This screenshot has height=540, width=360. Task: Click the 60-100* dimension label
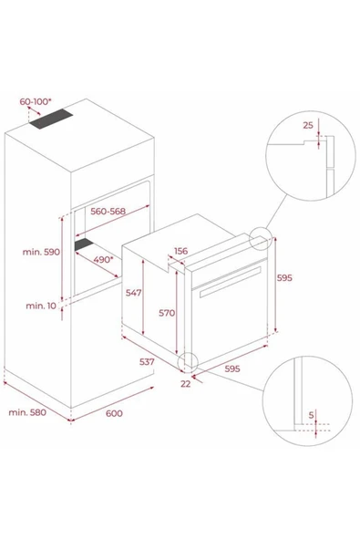pos(36,101)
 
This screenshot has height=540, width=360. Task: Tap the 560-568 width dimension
pos(108,211)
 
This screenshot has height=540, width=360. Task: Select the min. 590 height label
pos(41,252)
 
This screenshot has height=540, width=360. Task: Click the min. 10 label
pos(41,306)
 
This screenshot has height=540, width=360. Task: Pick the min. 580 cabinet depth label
pos(27,412)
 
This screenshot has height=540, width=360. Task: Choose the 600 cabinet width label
pos(114,413)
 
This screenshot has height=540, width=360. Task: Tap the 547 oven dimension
pos(134,293)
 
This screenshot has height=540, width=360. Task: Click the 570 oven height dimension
pos(167,313)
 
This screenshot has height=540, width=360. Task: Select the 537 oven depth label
pos(147,362)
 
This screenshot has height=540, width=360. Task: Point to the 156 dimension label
pos(181,251)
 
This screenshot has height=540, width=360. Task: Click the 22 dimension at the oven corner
pos(186,384)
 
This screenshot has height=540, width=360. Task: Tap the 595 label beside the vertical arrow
pos(284,277)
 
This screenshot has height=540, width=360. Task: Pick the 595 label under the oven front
pos(232,369)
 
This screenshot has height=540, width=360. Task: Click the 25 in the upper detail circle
pos(308,125)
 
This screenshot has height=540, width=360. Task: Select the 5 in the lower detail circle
pos(311,415)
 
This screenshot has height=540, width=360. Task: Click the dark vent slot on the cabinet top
pos(51,119)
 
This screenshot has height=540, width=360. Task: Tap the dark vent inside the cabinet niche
pos(85,244)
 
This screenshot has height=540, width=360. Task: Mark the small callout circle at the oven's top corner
pos(261,238)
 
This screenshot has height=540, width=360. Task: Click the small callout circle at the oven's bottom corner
pos(188,362)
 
